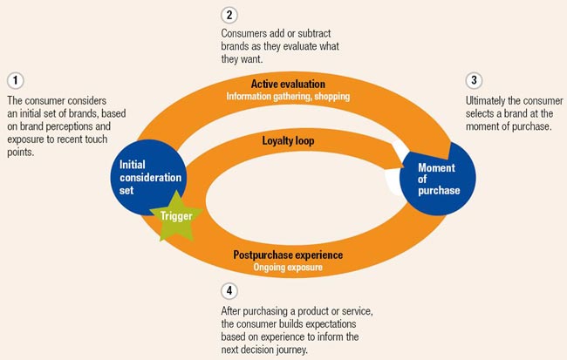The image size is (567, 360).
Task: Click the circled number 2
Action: [x=228, y=15]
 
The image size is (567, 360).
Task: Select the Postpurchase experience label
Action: [x=288, y=255]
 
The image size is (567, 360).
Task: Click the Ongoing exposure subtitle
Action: [x=288, y=267]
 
